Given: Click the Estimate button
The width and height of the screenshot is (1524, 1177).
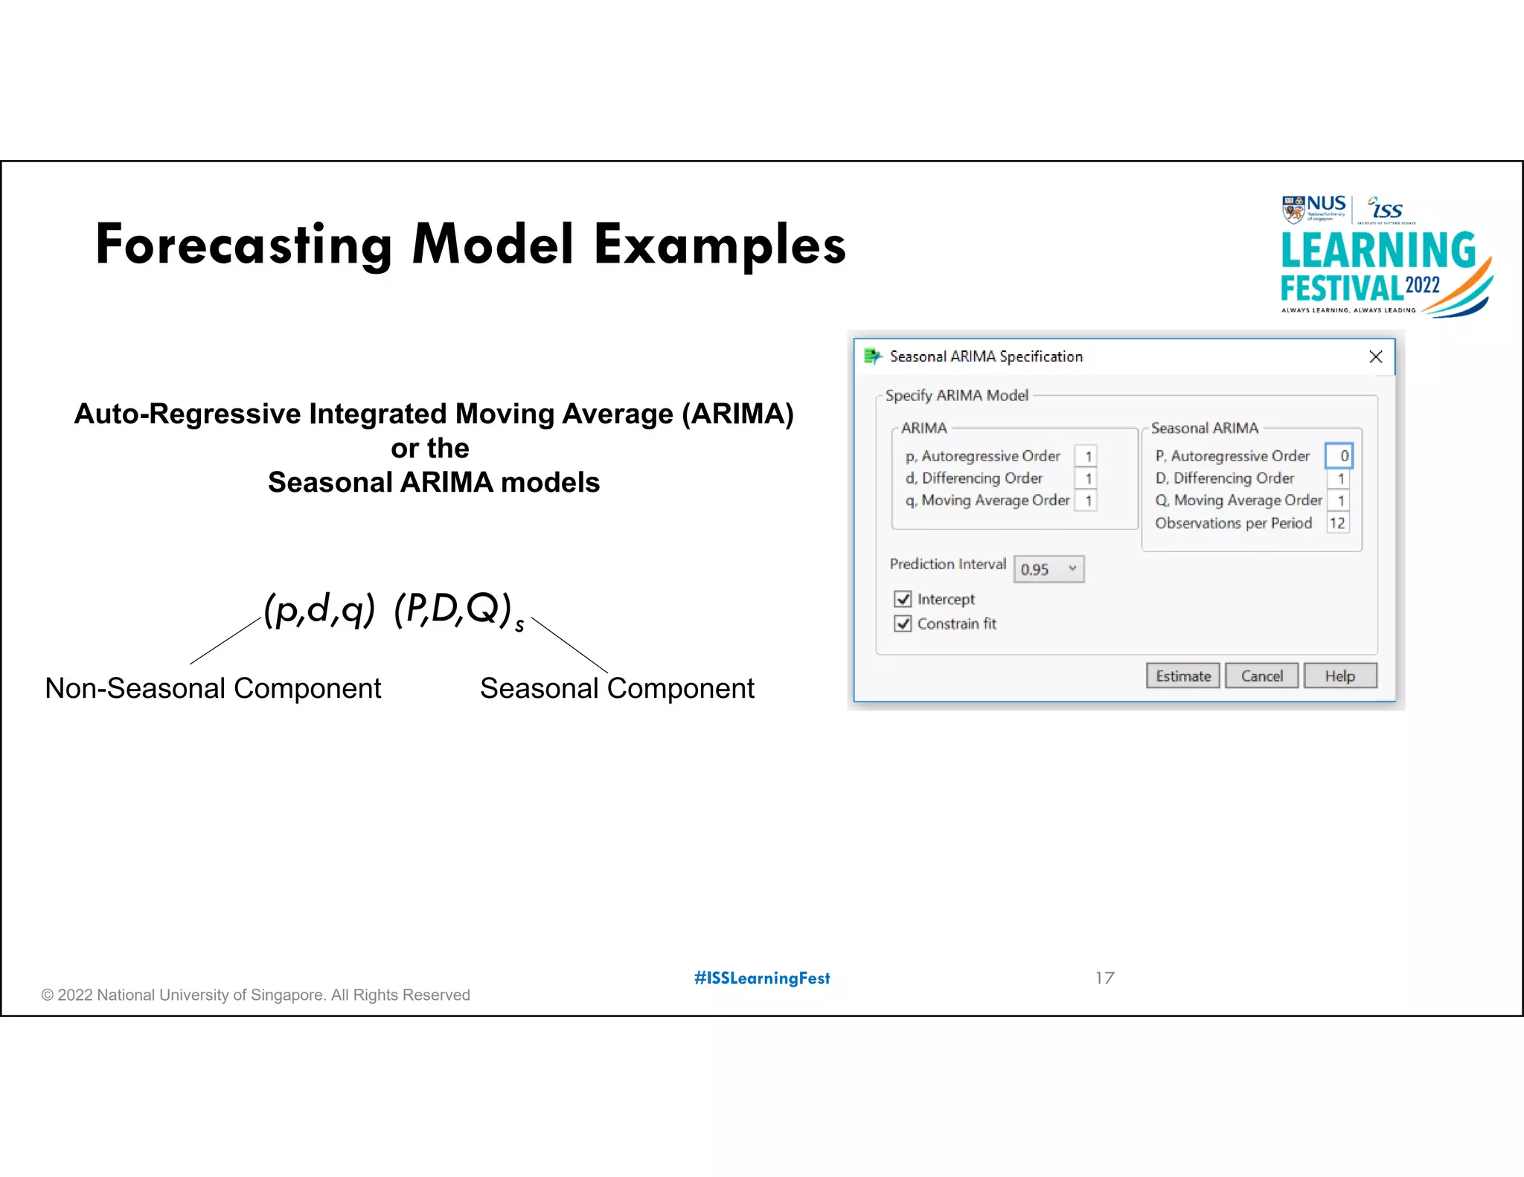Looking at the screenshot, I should [1182, 676].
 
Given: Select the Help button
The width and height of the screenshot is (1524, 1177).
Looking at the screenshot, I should [1339, 676].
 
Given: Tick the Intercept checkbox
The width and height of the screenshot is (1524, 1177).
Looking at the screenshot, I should [903, 599].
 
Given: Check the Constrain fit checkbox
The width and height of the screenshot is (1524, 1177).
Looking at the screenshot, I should [903, 623].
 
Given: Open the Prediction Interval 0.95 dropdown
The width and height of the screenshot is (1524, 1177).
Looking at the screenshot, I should [1048, 569].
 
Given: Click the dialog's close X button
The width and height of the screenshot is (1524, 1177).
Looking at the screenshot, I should [1376, 356].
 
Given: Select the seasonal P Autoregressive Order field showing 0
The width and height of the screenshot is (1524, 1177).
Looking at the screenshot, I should [1339, 455].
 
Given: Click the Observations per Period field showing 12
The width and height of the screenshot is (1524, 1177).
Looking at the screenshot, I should [1337, 523].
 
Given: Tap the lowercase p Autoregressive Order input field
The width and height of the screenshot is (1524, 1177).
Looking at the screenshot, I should [1086, 455].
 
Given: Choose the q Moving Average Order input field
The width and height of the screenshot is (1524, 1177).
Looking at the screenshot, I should [1086, 501].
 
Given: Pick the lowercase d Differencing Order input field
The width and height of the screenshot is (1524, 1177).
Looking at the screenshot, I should [1086, 478].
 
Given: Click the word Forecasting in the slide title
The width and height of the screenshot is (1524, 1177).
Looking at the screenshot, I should [244, 245].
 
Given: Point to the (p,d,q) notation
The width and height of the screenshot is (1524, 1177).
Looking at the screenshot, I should [319, 609].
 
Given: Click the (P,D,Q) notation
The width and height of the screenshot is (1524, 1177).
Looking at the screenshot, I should [453, 609].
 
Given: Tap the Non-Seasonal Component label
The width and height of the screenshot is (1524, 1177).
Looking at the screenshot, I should [213, 688].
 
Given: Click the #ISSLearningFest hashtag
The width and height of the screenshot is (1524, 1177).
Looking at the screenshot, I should [762, 978].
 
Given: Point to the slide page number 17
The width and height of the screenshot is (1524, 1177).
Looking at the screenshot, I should [1105, 978].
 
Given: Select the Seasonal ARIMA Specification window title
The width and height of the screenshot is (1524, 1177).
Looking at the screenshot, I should [986, 356].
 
